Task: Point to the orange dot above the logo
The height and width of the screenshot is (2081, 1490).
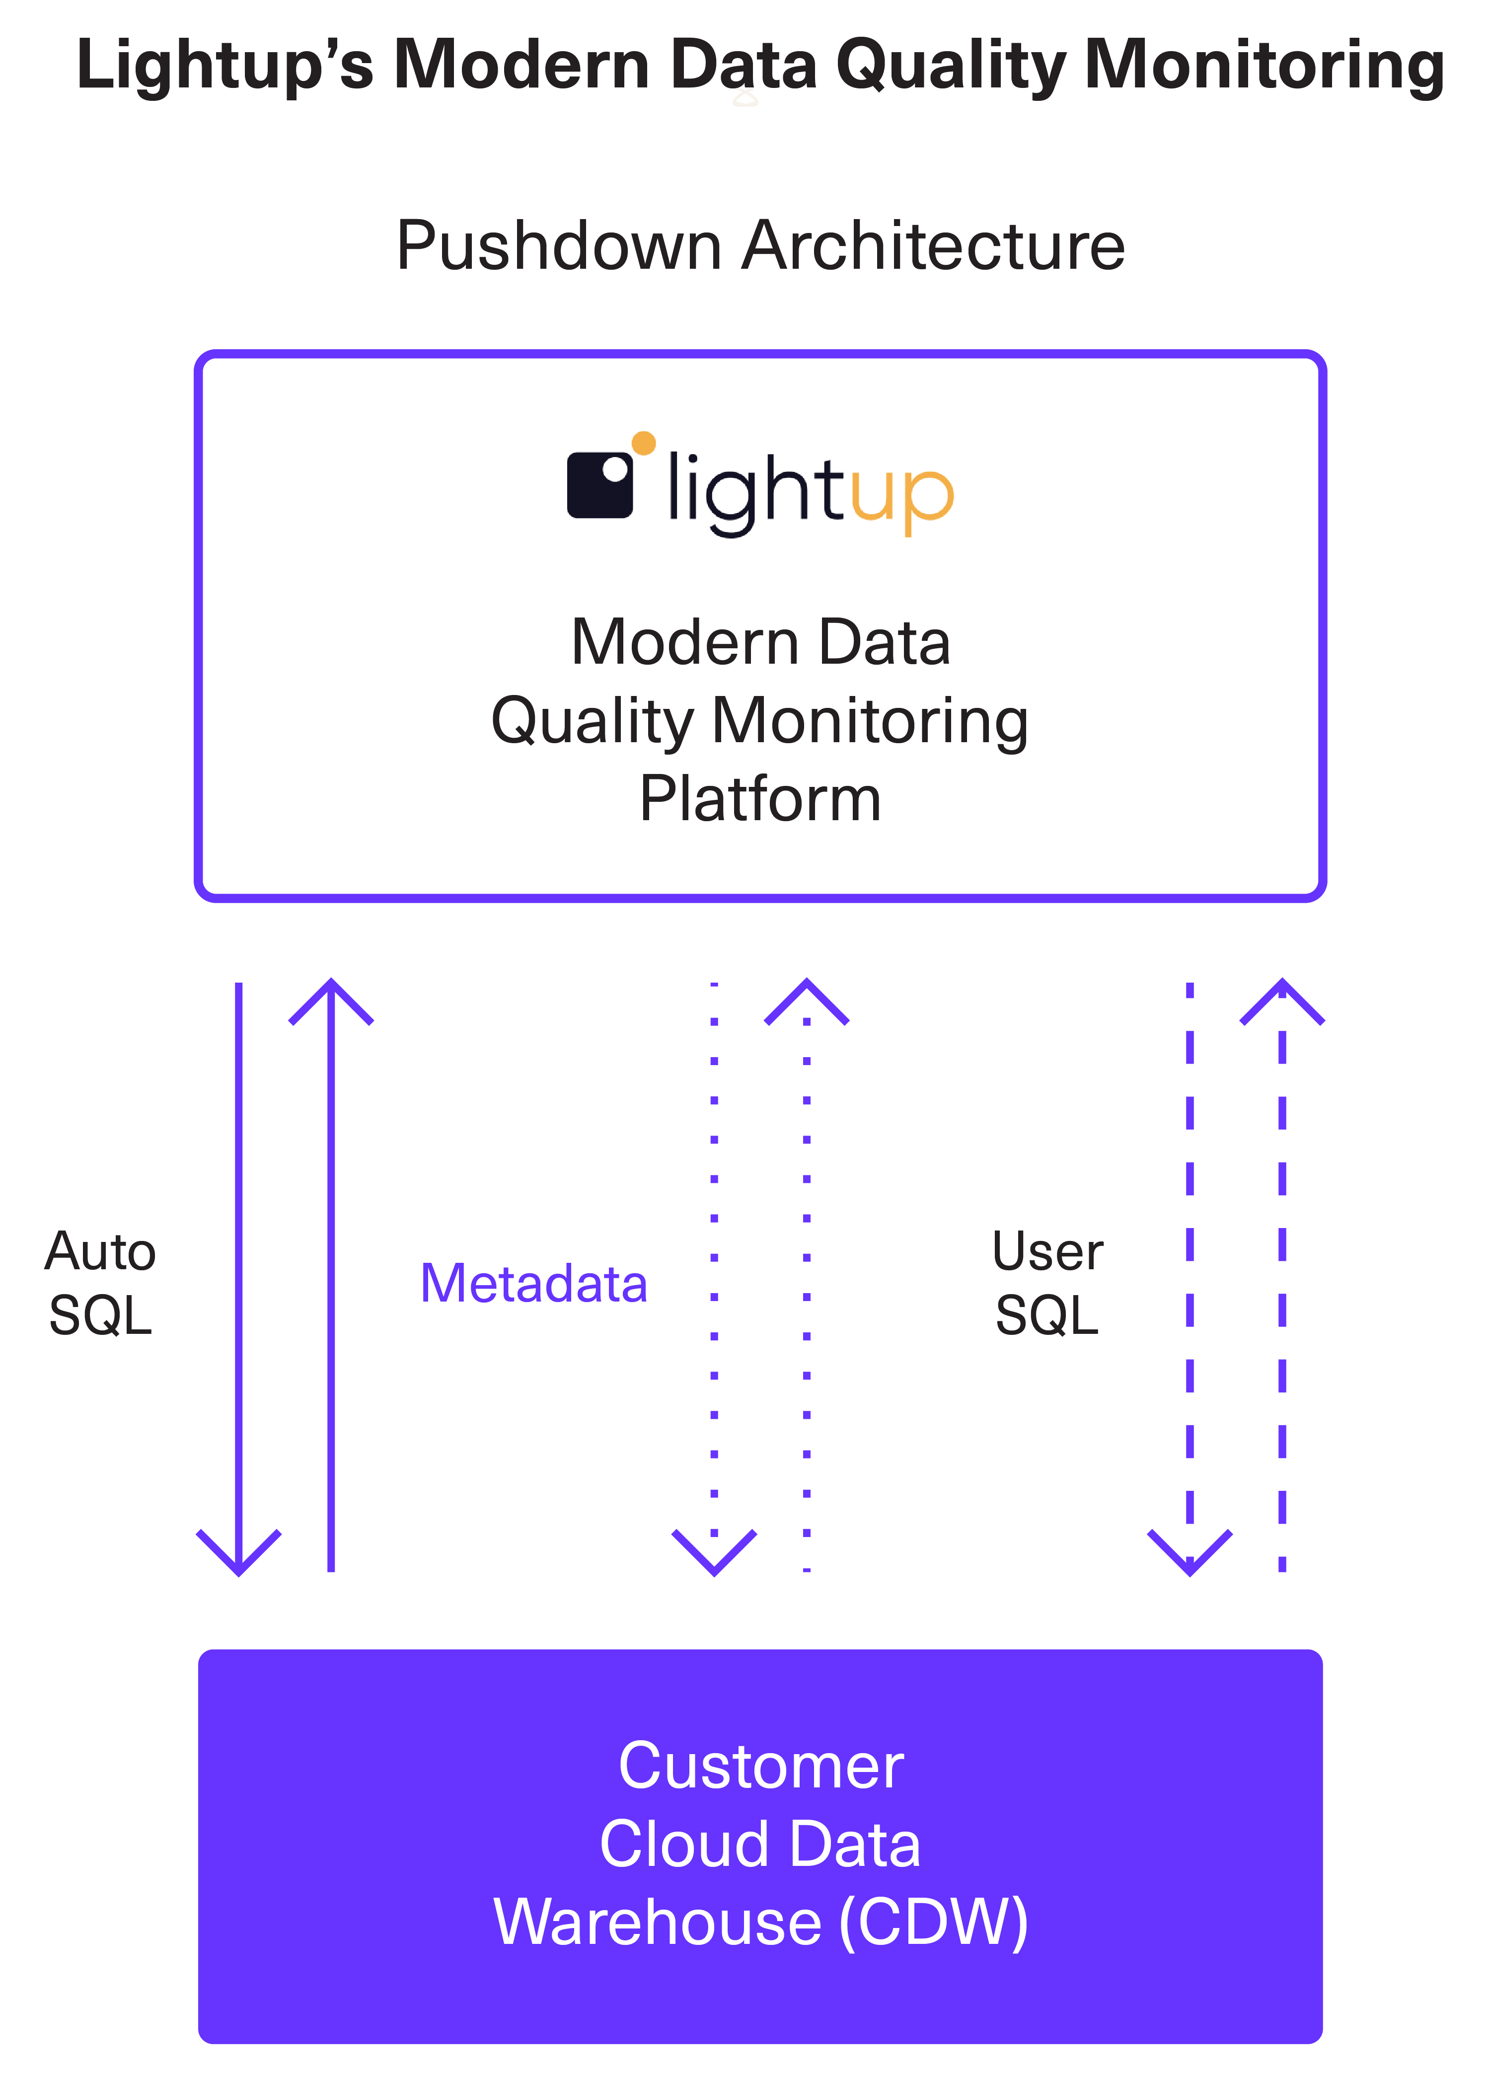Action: tap(644, 443)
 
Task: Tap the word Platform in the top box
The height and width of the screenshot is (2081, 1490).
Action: tap(760, 798)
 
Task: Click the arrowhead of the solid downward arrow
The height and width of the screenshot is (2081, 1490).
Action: tap(238, 1556)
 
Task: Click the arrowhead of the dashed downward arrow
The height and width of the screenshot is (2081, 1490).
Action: tap(1190, 1556)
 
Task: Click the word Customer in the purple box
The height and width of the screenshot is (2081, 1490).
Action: tap(760, 1766)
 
